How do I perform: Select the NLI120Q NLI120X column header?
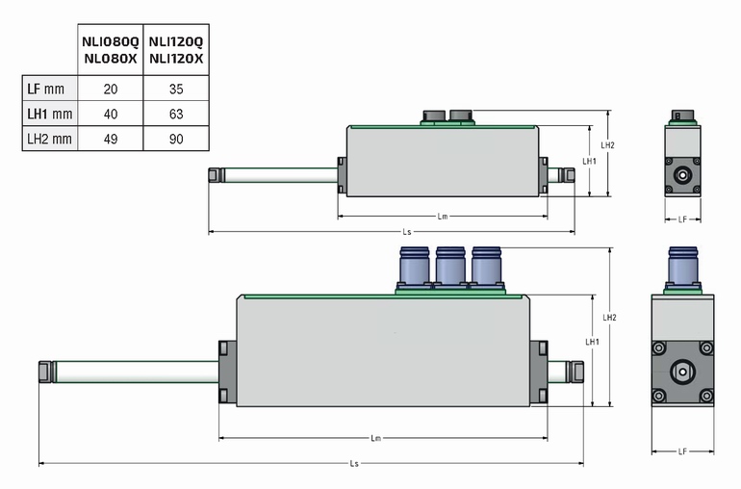[x=175, y=50]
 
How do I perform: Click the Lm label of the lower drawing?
[x=376, y=438]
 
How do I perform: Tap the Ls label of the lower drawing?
[x=354, y=464]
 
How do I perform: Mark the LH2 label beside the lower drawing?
[x=608, y=317]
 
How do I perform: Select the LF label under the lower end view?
[x=682, y=450]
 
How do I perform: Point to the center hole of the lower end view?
[x=682, y=371]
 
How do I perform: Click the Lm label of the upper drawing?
[x=443, y=217]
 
